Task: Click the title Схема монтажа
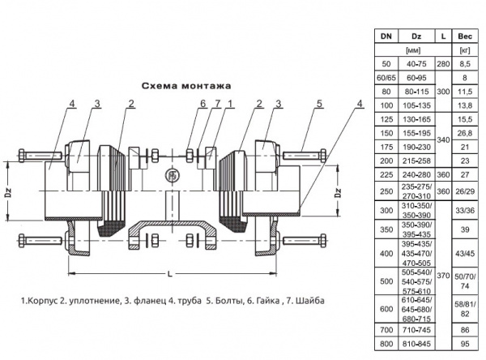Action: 187,84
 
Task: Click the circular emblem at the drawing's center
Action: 171,174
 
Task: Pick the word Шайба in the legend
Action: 308,301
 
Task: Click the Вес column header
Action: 464,36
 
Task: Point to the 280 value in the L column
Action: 442,62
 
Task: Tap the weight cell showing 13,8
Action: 464,105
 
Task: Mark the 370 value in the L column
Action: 442,276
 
